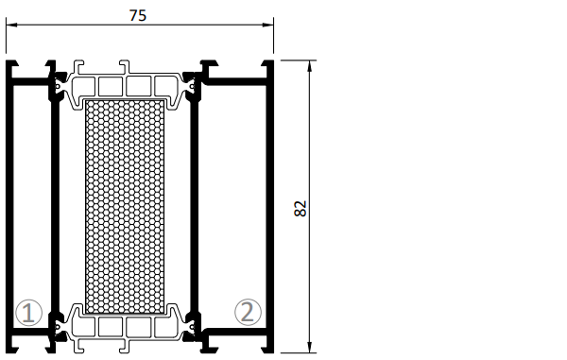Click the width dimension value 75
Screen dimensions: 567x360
[138, 15]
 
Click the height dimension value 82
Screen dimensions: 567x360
[301, 209]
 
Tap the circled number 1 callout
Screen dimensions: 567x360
[29, 313]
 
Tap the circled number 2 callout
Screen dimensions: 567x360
[248, 312]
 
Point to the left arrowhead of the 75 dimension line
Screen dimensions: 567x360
[11, 25]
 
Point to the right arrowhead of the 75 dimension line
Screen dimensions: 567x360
[268, 25]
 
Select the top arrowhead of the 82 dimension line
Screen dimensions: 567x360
[309, 66]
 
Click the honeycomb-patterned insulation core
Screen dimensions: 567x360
[125, 206]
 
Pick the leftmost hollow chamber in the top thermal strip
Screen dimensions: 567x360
[83, 86]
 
